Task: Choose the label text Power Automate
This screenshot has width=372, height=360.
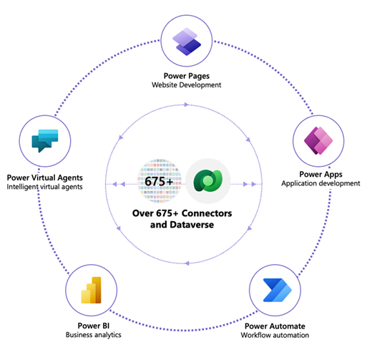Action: click(x=279, y=324)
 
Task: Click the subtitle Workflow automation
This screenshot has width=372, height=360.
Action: click(x=279, y=335)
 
